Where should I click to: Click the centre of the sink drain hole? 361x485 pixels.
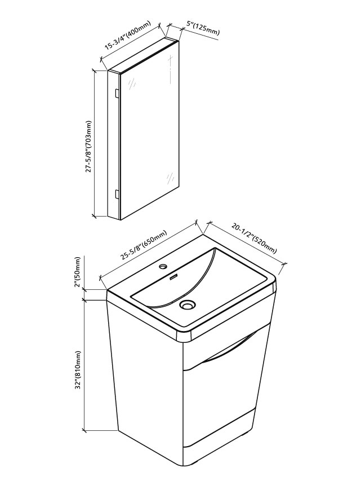pos(187,305)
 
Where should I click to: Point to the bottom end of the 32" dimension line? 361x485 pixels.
pos(84,430)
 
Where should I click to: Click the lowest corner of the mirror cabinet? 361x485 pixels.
pos(120,220)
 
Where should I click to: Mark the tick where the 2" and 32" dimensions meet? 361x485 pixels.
pos(84,299)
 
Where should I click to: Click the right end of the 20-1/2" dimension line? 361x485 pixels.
pos(285,264)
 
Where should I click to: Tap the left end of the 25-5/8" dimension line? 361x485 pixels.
pos(101,277)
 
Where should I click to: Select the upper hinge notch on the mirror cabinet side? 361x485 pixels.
pos(117,94)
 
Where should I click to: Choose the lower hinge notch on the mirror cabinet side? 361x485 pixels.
pos(117,194)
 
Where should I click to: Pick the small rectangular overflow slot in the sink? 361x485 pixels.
pos(174,276)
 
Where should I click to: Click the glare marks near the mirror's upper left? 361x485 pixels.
pos(132,83)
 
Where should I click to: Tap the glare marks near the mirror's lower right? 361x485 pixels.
pos(170,178)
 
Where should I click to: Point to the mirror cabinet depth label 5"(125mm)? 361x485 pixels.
pos(203,28)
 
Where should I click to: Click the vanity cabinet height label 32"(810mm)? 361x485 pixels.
pos(78,371)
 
